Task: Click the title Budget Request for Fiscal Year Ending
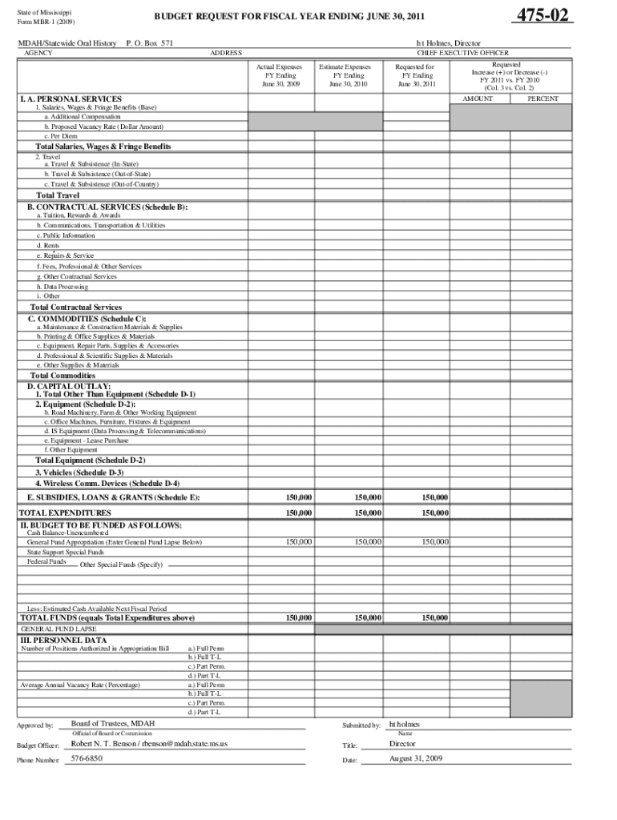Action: click(289, 16)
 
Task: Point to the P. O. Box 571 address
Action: click(150, 42)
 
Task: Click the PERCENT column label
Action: click(542, 98)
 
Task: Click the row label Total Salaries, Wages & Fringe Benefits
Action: click(103, 147)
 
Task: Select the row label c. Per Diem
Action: click(61, 136)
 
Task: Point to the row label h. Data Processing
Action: click(63, 286)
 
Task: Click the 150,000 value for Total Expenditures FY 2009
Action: click(299, 512)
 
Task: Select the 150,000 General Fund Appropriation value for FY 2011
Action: click(434, 542)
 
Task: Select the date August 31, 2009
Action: click(416, 758)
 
